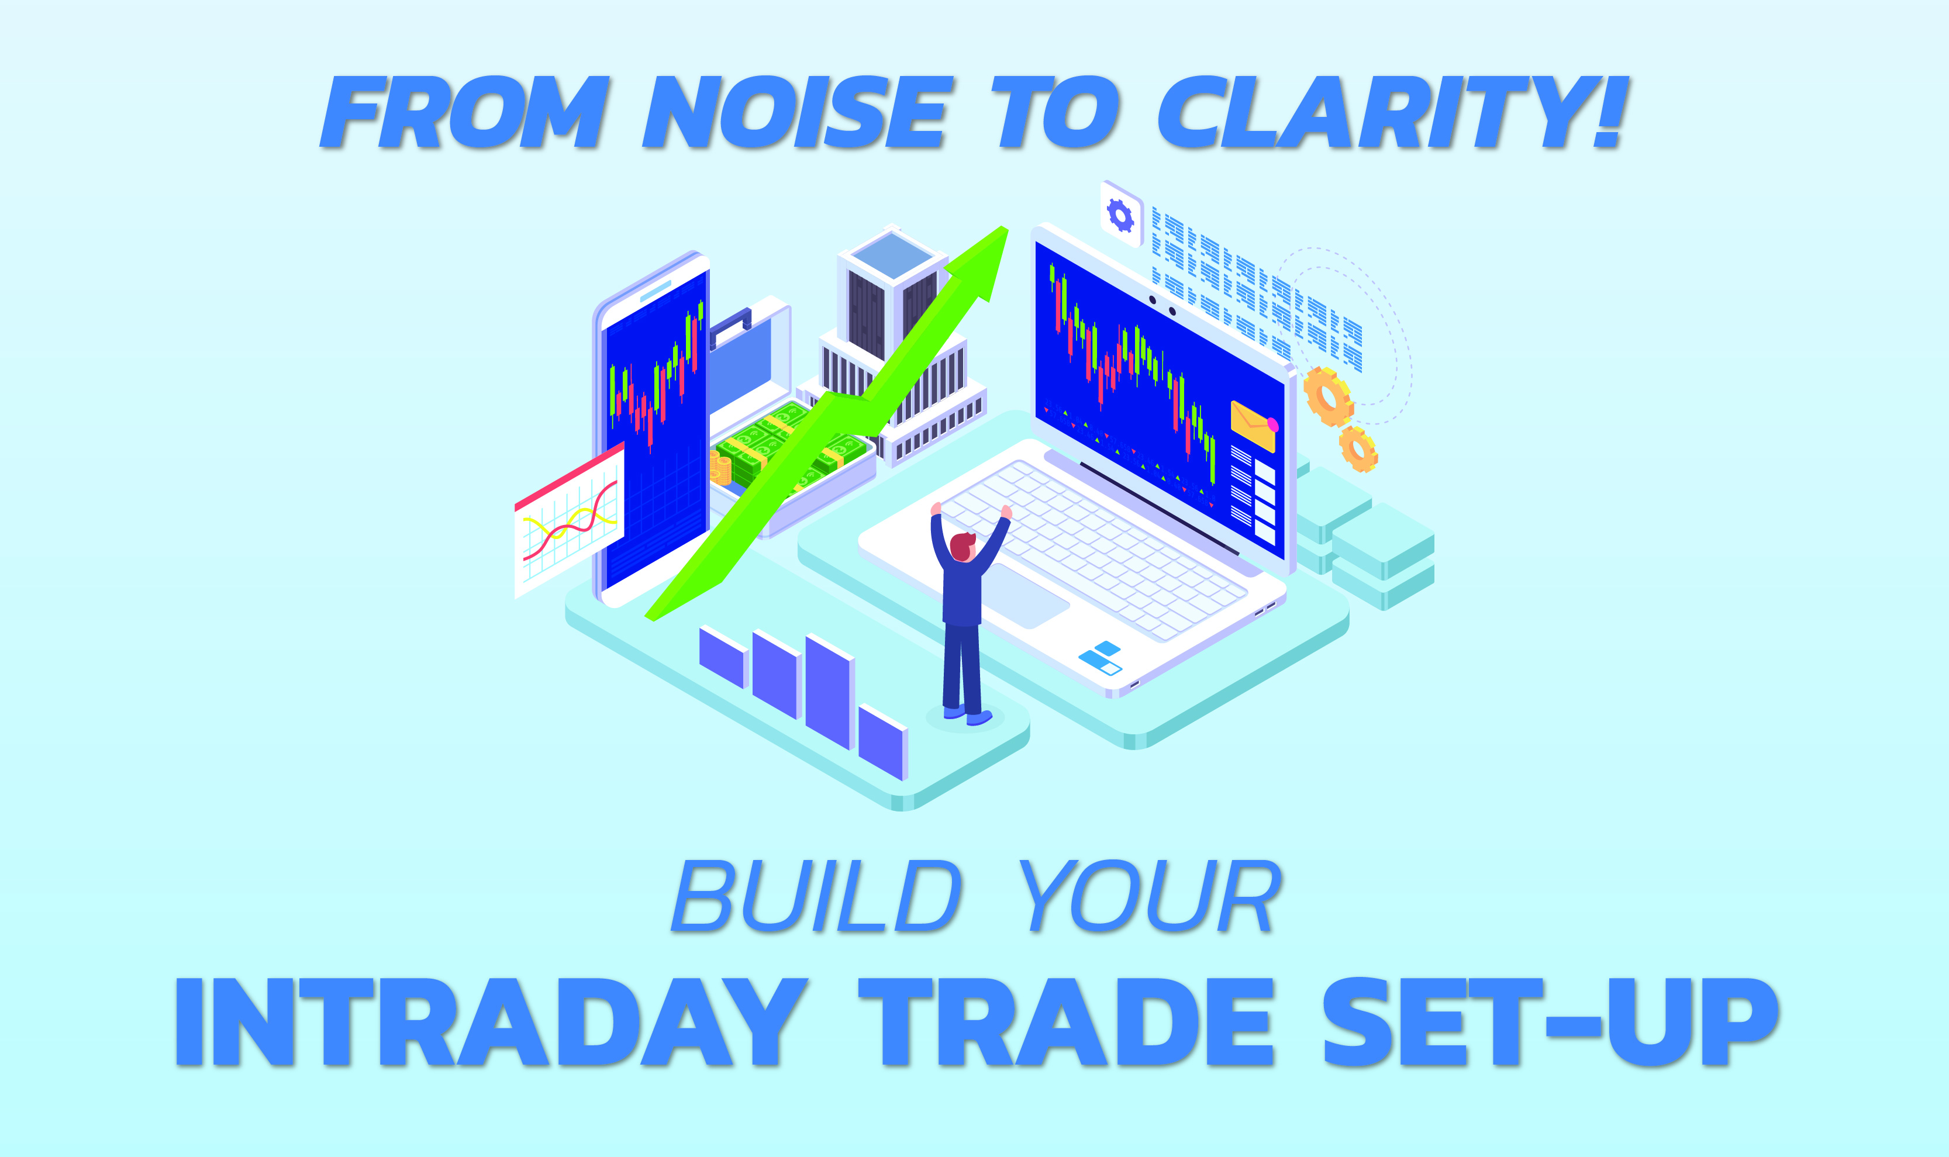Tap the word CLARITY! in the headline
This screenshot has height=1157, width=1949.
1392,113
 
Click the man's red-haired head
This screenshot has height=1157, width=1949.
963,545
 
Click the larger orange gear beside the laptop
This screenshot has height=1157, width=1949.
1327,396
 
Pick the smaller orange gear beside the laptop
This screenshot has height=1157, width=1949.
1358,449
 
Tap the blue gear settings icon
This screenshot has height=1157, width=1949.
1121,215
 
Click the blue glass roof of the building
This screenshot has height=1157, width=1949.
892,254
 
